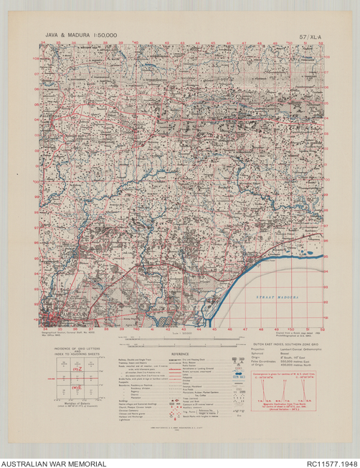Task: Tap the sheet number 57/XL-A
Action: (x=310, y=34)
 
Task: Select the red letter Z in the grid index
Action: (x=80, y=369)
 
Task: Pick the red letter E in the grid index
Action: (x=80, y=388)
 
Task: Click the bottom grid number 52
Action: (x=323, y=330)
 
